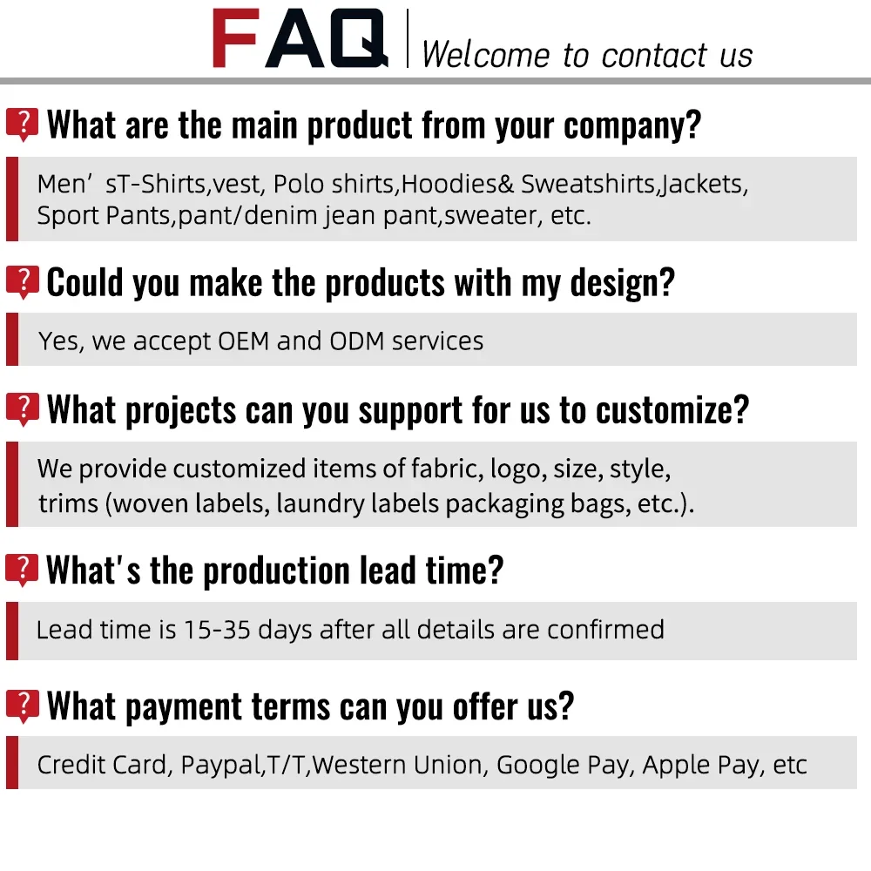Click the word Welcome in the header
click(x=485, y=55)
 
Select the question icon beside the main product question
click(x=23, y=125)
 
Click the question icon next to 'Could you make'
click(x=23, y=282)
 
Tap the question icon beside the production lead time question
click(x=23, y=570)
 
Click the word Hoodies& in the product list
click(x=458, y=184)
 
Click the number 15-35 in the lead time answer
click(x=217, y=630)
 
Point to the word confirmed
click(x=605, y=630)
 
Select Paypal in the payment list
click(x=222, y=766)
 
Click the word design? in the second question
click(x=622, y=282)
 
